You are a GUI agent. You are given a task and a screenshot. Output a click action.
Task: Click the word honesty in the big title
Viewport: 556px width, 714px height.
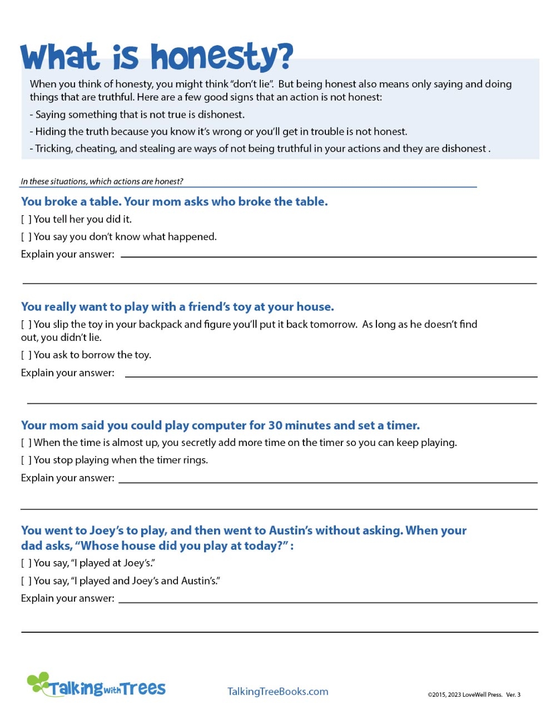coord(221,57)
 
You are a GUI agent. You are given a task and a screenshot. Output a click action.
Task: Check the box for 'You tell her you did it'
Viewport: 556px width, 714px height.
coord(26,220)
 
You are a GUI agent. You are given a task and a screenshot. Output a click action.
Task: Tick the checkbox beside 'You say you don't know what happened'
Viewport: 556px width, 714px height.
coord(26,237)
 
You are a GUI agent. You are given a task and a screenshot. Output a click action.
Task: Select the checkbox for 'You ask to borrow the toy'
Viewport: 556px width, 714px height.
coord(26,355)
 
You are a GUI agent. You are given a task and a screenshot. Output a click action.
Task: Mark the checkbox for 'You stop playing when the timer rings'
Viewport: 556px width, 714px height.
coord(26,460)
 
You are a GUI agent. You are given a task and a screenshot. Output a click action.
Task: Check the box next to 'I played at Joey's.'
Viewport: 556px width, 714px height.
coord(26,563)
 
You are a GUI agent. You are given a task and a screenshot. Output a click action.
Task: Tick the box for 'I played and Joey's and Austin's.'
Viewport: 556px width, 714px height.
coord(26,581)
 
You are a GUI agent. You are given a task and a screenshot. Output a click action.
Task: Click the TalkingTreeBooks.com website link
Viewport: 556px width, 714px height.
coord(277,691)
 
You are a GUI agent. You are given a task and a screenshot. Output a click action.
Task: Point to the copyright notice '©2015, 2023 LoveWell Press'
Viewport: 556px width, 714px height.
coord(465,695)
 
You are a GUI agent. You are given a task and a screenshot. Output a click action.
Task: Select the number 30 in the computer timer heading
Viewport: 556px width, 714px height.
coord(276,425)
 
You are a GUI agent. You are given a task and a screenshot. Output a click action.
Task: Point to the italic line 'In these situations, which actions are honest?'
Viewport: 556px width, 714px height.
coord(102,181)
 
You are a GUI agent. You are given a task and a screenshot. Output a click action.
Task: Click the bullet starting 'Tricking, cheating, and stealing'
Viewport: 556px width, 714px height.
coord(261,148)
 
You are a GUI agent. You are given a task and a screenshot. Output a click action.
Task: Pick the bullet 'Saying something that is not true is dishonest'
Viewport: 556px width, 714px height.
coord(139,115)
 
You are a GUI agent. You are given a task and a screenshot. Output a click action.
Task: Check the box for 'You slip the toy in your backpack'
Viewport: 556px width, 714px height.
coord(26,325)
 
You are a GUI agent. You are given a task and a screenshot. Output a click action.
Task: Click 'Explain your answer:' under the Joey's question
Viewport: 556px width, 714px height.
coord(67,598)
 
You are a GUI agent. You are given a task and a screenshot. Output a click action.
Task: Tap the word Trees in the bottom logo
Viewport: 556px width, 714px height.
coord(143,688)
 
